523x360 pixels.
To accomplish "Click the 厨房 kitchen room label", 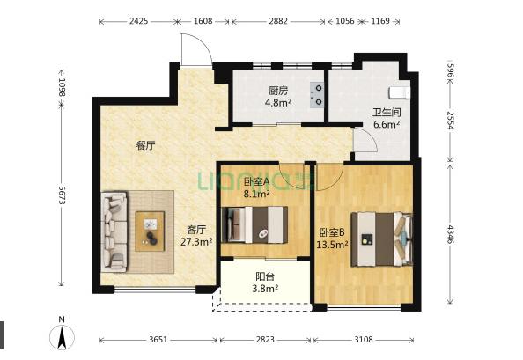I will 279,90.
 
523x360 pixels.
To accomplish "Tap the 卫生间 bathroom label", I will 387,113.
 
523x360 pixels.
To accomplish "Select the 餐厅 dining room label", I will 145,146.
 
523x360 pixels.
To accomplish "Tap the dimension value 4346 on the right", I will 451,237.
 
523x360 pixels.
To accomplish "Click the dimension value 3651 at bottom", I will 158,339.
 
